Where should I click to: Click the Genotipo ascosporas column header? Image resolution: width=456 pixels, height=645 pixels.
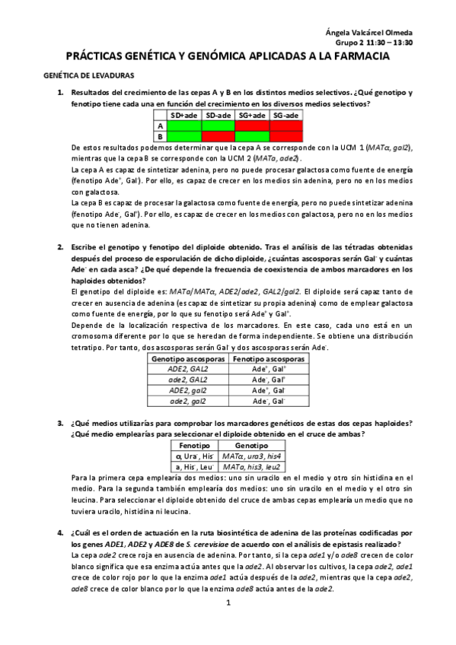point(188,357)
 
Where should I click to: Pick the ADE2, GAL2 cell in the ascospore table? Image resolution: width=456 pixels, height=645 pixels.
point(188,368)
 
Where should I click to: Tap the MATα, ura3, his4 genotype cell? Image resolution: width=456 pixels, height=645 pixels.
point(250,455)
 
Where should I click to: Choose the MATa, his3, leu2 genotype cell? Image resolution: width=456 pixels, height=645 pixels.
point(250,465)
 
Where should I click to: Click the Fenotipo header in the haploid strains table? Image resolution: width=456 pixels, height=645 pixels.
point(194,444)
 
